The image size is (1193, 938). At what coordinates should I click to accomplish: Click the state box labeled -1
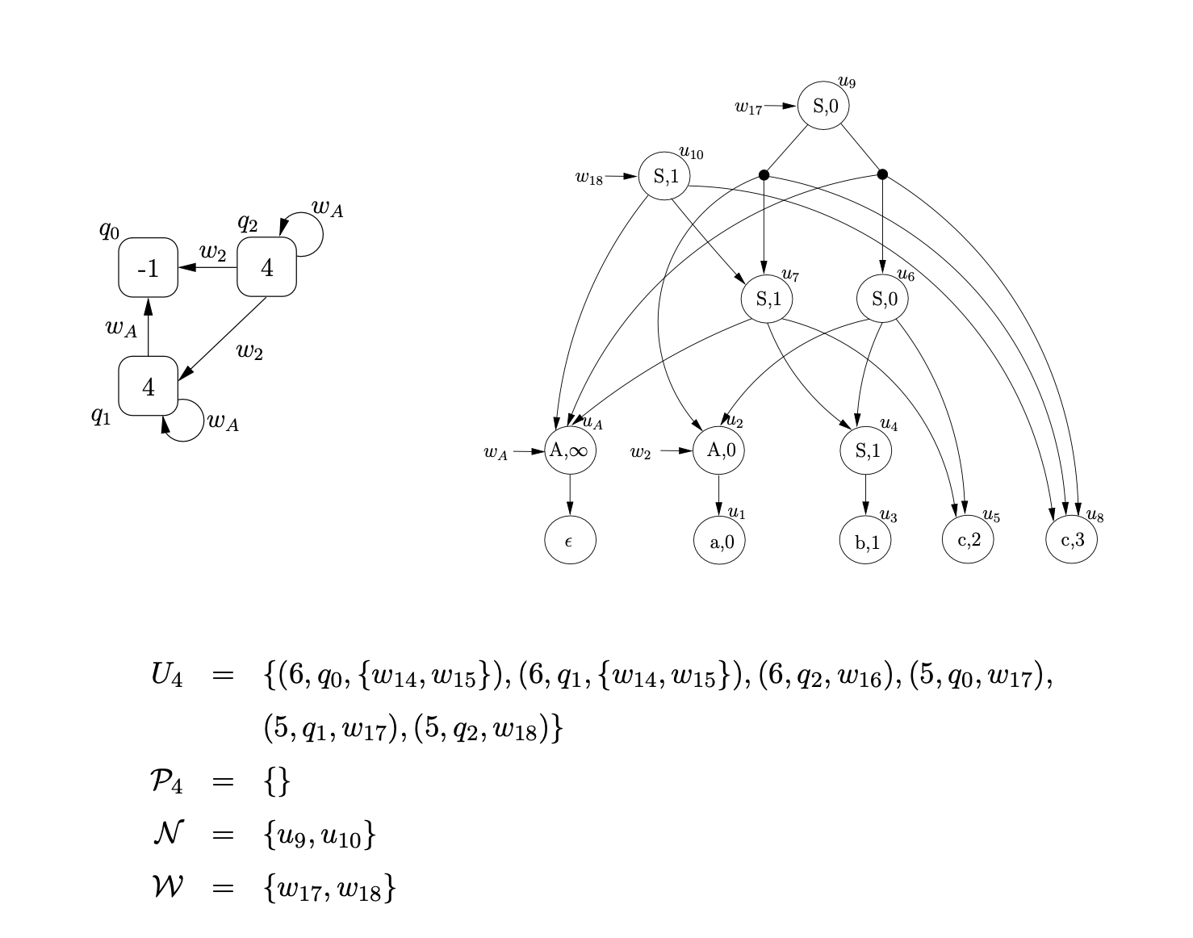pyautogui.click(x=149, y=268)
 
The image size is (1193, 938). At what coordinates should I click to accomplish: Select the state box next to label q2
pyautogui.click(x=266, y=268)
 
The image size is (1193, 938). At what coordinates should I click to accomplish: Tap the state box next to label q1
pyautogui.click(x=149, y=387)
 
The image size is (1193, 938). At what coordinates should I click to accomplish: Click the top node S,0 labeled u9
pyautogui.click(x=823, y=106)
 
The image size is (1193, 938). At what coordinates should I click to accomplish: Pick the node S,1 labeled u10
pyautogui.click(x=664, y=176)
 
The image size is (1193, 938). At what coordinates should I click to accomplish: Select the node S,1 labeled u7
pyautogui.click(x=767, y=299)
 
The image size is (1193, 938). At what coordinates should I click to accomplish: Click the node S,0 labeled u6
pyautogui.click(x=882, y=299)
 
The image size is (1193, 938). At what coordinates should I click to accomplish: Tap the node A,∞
pyautogui.click(x=570, y=450)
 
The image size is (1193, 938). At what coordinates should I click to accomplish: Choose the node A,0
pyautogui.click(x=719, y=450)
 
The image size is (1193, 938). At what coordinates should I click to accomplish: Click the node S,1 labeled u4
pyautogui.click(x=866, y=450)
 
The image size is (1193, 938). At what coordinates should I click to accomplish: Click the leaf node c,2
pyautogui.click(x=968, y=539)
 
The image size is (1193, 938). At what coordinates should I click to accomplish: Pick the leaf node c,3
pyautogui.click(x=1071, y=539)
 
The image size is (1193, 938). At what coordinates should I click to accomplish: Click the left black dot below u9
pyautogui.click(x=764, y=175)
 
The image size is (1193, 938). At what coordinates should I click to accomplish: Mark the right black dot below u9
pyautogui.click(x=882, y=174)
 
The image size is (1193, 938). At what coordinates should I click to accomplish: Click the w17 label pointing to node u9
pyautogui.click(x=748, y=107)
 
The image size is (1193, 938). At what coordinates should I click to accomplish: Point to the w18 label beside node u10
pyautogui.click(x=589, y=178)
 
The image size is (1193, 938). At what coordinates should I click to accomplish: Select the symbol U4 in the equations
pyautogui.click(x=167, y=674)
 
